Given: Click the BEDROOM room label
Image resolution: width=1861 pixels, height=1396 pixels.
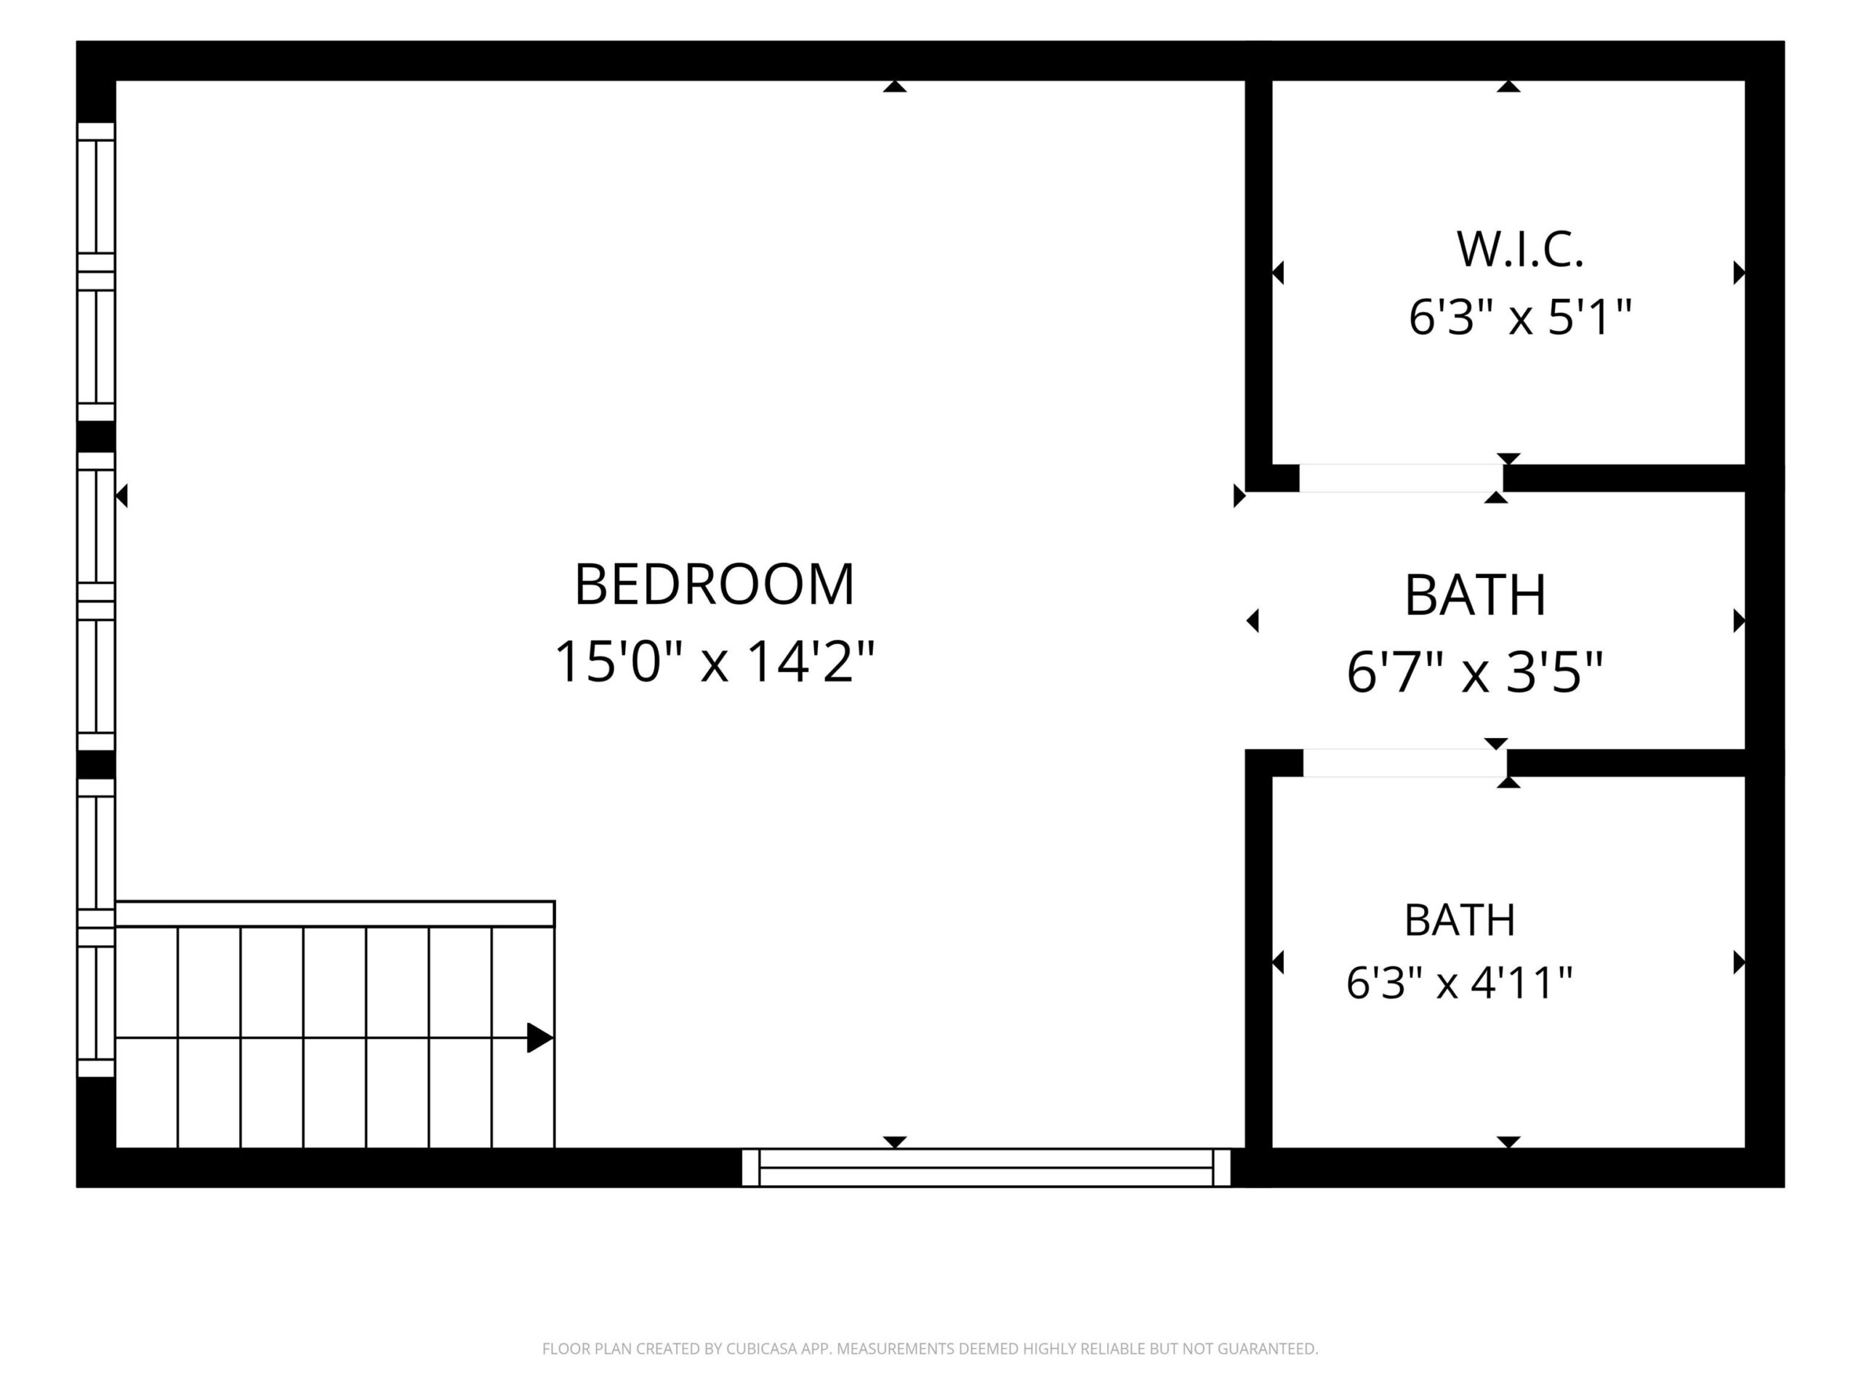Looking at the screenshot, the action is tap(715, 584).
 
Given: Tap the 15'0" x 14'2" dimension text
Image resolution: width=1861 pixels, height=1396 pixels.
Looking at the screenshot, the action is tap(715, 662).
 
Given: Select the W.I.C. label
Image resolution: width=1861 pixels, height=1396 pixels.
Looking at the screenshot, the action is tap(1520, 250).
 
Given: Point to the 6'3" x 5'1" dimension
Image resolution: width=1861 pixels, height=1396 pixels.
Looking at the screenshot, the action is tap(1520, 317).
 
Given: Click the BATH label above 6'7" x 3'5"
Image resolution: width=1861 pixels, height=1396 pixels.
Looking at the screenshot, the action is tap(1475, 595).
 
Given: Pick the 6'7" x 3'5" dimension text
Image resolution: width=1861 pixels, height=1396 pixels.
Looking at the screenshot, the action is tap(1475, 673).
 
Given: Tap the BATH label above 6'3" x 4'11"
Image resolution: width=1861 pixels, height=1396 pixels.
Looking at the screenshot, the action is tap(1460, 920).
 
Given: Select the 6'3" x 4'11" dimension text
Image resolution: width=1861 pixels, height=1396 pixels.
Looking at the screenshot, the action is tap(1460, 983).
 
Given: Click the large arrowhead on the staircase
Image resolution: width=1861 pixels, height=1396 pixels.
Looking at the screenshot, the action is tap(540, 1038).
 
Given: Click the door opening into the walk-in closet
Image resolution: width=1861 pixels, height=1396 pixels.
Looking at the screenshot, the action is tap(1401, 478).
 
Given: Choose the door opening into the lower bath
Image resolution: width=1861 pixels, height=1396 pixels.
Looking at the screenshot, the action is tap(1404, 763).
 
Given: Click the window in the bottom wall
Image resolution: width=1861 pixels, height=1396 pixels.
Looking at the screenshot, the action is tap(986, 1167).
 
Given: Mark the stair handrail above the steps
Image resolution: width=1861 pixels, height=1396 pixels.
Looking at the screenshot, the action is tap(335, 914).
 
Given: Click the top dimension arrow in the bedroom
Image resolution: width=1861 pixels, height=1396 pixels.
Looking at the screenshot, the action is tap(895, 86).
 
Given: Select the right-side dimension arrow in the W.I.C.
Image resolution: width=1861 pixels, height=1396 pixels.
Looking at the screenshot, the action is tap(1739, 273).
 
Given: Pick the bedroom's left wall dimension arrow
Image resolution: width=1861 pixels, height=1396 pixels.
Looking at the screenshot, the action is tap(121, 496).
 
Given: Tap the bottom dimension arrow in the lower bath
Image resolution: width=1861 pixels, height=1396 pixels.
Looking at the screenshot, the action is tap(1508, 1142).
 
